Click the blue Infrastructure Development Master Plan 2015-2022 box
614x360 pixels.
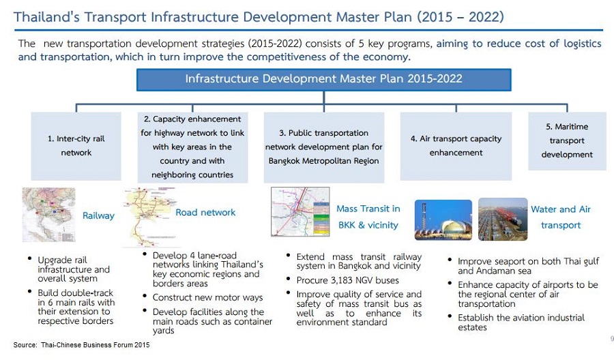click(x=324, y=80)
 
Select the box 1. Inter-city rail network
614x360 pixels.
click(x=76, y=146)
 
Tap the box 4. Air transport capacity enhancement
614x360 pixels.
click(x=456, y=146)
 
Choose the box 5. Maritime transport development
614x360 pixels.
click(x=567, y=141)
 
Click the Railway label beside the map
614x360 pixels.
click(x=98, y=215)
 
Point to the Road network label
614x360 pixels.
click(x=205, y=213)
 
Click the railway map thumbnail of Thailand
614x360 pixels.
click(x=49, y=215)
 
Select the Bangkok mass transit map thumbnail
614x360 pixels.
click(x=300, y=211)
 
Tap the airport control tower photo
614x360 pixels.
click(x=443, y=220)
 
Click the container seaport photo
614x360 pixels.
click(x=503, y=219)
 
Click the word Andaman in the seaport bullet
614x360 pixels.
click(x=495, y=271)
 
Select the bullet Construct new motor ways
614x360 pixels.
click(x=207, y=298)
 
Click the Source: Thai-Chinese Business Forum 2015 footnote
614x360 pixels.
click(x=81, y=345)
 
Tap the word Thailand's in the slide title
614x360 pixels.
click(x=46, y=17)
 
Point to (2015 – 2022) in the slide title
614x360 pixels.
click(x=460, y=17)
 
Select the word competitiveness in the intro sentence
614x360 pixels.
click(x=289, y=57)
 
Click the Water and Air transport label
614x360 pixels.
click(x=561, y=217)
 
